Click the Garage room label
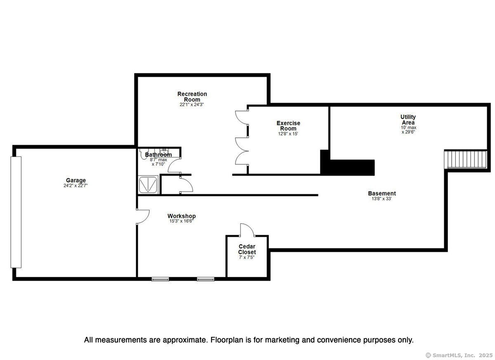click(76, 180)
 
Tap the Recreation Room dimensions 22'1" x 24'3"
click(191, 105)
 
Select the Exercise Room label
click(288, 126)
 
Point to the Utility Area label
click(408, 120)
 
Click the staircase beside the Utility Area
click(466, 159)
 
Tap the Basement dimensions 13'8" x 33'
click(382, 199)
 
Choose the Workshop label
click(181, 216)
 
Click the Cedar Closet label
click(247, 249)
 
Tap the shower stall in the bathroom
click(148, 185)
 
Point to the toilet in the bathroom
click(143, 154)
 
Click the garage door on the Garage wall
click(16, 212)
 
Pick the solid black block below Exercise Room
click(347, 165)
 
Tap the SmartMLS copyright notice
click(459, 355)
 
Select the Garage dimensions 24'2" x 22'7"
click(75, 185)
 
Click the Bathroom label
click(158, 154)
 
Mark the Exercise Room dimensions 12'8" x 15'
click(288, 134)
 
